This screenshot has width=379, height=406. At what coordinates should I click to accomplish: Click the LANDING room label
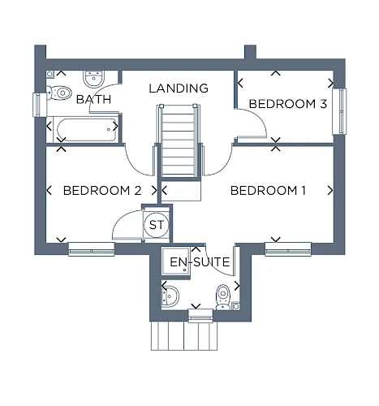179,89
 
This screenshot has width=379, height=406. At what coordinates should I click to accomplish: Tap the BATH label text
93,99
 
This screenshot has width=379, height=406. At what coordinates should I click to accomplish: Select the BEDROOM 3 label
288,104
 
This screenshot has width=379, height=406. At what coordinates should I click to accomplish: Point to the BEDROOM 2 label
102,191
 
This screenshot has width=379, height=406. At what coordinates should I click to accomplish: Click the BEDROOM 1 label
268,191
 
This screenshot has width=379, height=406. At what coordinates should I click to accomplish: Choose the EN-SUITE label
200,262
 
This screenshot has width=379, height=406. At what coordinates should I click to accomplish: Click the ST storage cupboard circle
157,225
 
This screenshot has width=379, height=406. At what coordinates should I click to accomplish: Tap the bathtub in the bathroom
86,130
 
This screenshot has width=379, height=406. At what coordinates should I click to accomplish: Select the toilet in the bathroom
59,93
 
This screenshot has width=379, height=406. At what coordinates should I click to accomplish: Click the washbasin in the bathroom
93,79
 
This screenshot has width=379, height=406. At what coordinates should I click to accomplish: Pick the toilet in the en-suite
223,296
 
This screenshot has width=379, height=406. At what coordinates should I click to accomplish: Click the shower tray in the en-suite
176,261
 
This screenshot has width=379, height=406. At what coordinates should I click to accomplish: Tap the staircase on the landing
179,140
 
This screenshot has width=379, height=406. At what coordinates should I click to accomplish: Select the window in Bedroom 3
339,111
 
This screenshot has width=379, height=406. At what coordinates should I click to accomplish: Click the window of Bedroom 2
92,249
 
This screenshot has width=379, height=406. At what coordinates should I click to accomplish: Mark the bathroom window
40,105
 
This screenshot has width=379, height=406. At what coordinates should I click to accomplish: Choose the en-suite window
200,316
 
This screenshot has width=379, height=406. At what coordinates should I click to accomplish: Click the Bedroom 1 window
288,249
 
